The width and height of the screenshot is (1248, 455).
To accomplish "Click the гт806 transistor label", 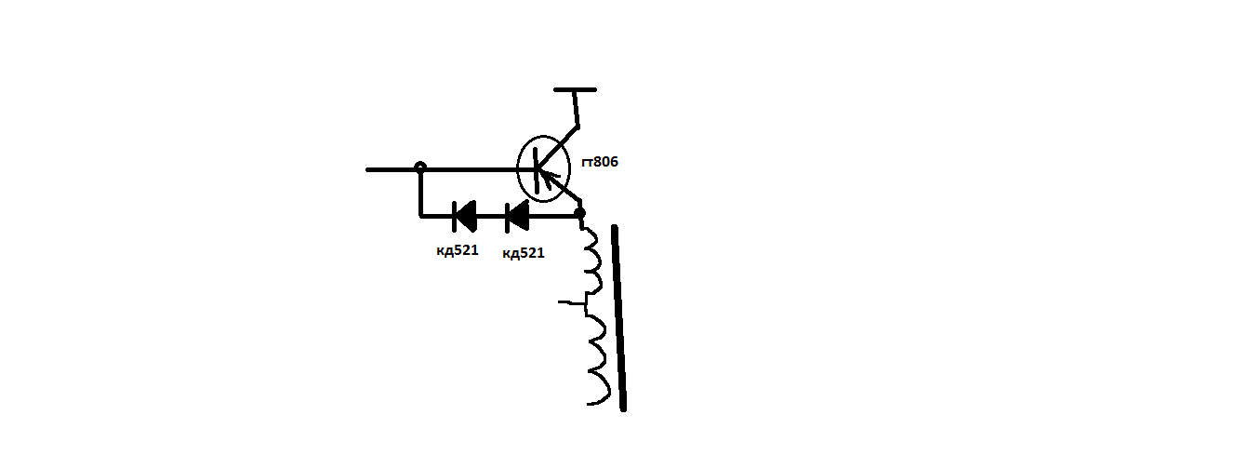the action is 600,162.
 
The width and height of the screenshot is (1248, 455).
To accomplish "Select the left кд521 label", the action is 458,250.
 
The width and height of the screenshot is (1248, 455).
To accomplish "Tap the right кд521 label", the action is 524,253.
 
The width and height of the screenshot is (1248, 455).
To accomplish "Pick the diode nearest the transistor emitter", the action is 517,217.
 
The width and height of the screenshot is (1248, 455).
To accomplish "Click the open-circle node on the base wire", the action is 420,167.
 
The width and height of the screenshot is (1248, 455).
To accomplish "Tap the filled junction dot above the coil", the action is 579,212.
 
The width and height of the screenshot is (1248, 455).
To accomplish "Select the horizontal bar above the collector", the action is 575,89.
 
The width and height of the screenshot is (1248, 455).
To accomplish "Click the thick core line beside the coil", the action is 619,318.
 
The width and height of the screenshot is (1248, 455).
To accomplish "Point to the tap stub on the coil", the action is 572,302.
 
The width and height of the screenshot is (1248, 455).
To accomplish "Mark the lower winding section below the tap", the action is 598,357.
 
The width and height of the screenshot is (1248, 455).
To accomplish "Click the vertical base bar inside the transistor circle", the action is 536,170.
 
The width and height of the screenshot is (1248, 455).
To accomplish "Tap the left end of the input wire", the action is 367,169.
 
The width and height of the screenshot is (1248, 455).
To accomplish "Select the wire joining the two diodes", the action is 491,217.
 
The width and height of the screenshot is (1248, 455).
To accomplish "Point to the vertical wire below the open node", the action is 420,193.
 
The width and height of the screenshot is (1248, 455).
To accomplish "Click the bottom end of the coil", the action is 589,403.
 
